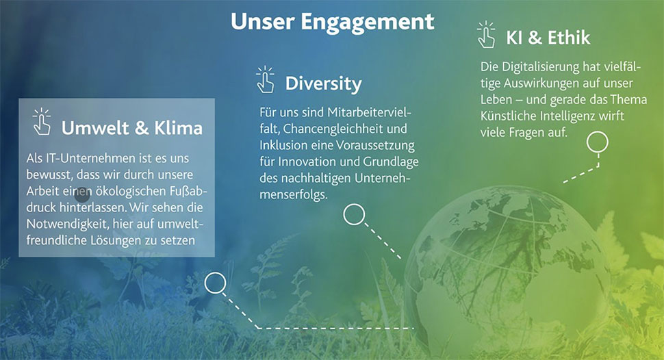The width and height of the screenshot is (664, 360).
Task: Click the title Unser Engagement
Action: click(x=333, y=22)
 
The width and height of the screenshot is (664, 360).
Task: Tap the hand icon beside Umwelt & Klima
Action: click(x=42, y=122)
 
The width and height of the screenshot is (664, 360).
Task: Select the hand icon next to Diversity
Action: click(x=265, y=79)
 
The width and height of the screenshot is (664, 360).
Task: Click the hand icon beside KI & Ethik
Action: click(x=486, y=35)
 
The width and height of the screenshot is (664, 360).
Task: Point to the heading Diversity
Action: click(x=324, y=83)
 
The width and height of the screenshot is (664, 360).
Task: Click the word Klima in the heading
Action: click(x=178, y=128)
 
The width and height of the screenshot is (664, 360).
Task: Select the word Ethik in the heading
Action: click(x=569, y=38)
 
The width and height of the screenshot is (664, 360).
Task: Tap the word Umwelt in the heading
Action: click(x=96, y=128)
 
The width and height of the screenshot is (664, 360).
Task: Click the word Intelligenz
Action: click(x=572, y=116)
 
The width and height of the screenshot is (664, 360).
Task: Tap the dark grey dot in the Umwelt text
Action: click(x=82, y=195)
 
